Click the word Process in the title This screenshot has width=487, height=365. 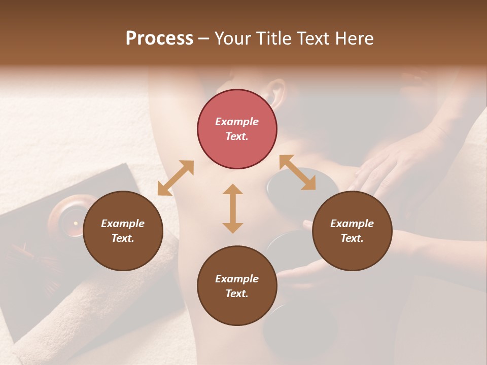tap(159, 39)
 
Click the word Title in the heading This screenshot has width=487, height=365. tap(274, 39)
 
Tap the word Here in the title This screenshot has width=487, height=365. tap(355, 39)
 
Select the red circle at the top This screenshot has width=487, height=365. tap(237, 129)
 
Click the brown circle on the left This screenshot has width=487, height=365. tap(123, 231)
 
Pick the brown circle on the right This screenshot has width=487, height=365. tap(352, 231)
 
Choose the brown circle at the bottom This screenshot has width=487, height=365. tap(237, 286)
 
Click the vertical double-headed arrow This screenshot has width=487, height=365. tap(233, 208)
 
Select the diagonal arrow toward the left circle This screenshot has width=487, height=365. tap(176, 178)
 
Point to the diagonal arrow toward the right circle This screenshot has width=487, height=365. tap(297, 172)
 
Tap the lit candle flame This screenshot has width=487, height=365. tap(76, 223)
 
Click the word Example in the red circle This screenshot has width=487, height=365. tap(237, 122)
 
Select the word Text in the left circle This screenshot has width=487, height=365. tap(123, 238)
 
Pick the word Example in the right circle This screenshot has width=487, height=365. tap(352, 224)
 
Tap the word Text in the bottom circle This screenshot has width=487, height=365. tap(237, 294)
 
